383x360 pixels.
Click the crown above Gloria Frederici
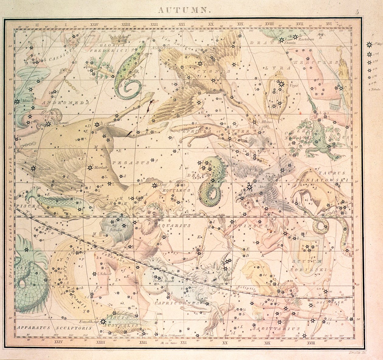[x=118, y=38]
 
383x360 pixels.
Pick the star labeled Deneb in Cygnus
[x=200, y=63]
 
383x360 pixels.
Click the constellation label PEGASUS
[x=131, y=163]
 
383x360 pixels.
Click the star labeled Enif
[x=154, y=185]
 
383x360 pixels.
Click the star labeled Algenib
[x=33, y=167]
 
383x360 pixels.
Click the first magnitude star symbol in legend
[x=369, y=45]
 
